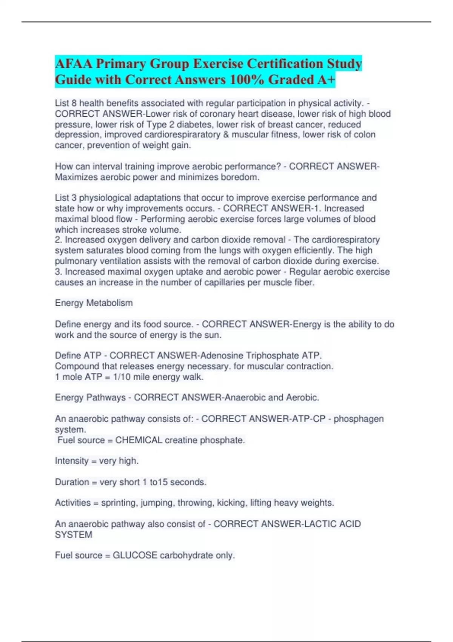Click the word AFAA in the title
click(x=73, y=63)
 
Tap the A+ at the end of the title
click(x=326, y=80)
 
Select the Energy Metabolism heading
click(x=94, y=303)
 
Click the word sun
click(x=214, y=335)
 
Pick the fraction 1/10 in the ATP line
click(x=121, y=377)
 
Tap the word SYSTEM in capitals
click(x=74, y=535)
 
